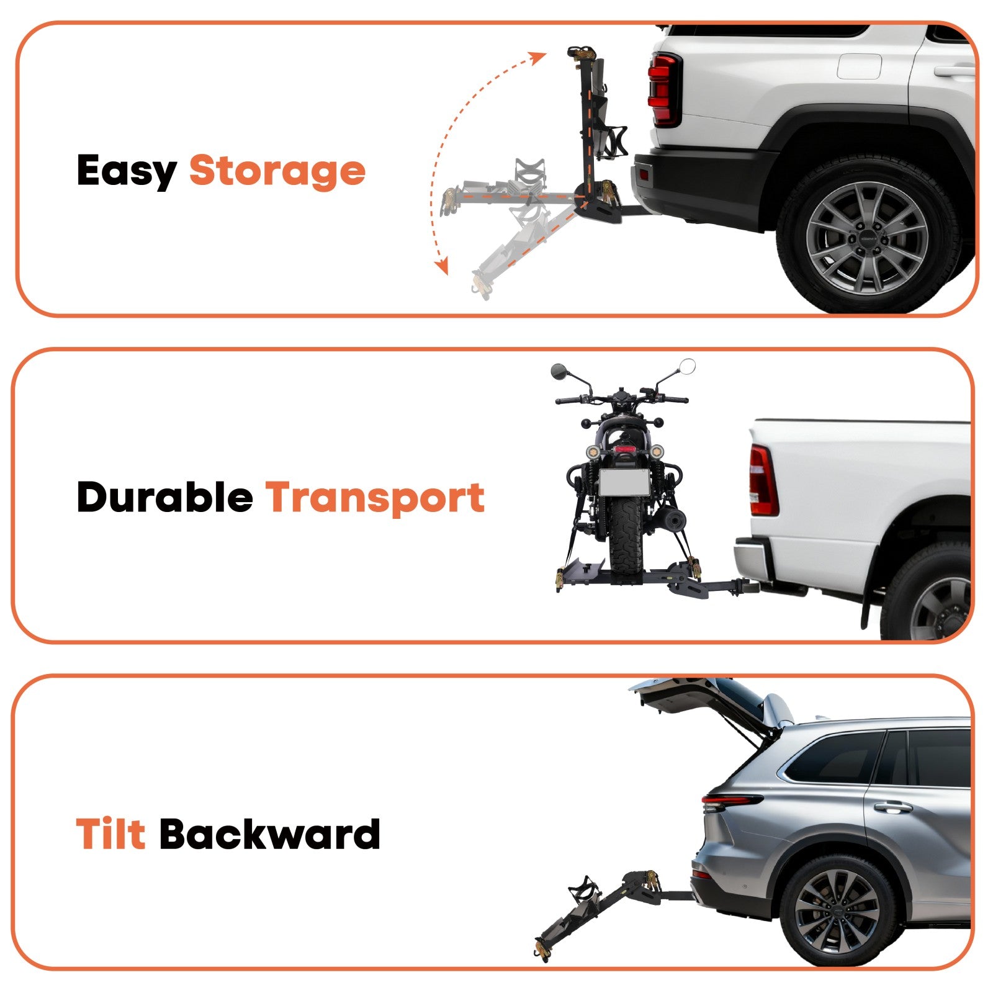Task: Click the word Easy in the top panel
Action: pyautogui.click(x=127, y=171)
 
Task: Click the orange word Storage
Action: pyautogui.click(x=277, y=171)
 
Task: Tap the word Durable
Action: pyautogui.click(x=164, y=497)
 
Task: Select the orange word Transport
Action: pyautogui.click(x=375, y=498)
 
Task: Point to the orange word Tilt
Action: pyautogui.click(x=110, y=833)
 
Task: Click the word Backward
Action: pyautogui.click(x=270, y=833)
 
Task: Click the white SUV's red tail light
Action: pyautogui.click(x=665, y=90)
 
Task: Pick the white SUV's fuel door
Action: pyautogui.click(x=859, y=66)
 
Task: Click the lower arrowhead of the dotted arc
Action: pyautogui.click(x=441, y=266)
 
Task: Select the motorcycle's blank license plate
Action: pyautogui.click(x=624, y=482)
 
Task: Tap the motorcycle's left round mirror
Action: pyautogui.click(x=559, y=371)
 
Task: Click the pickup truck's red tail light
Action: pyautogui.click(x=763, y=480)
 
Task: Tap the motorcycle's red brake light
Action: pyautogui.click(x=624, y=449)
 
